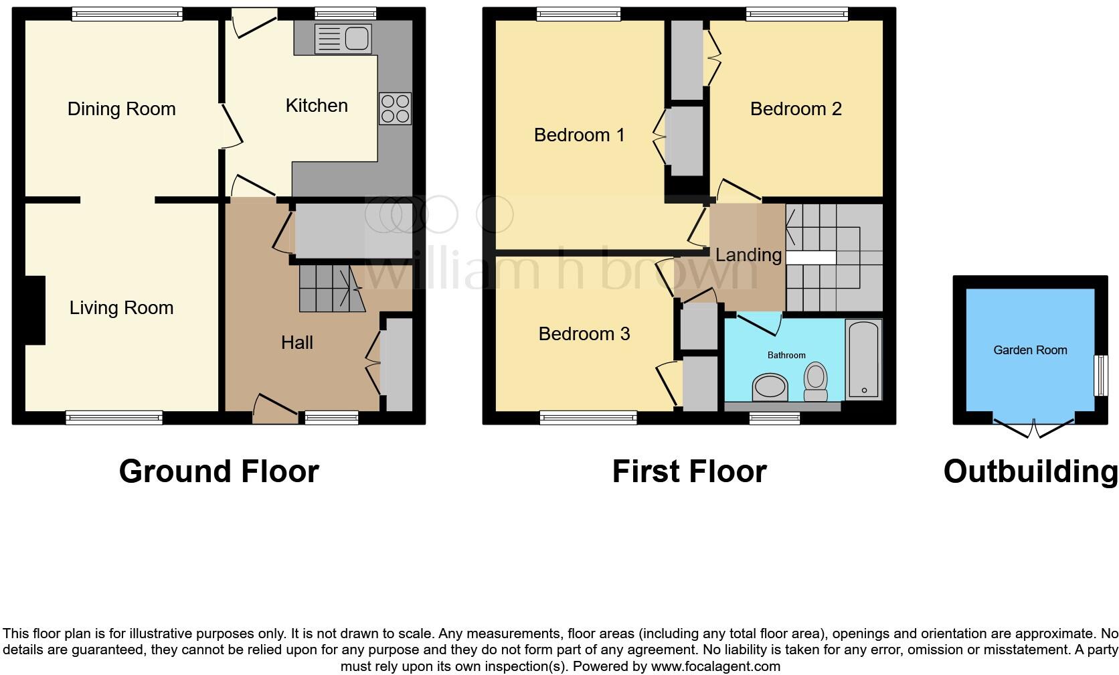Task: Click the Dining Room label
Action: click(x=121, y=109)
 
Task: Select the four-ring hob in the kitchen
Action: click(x=395, y=108)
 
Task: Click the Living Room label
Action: click(x=121, y=308)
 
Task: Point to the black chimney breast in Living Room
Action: click(x=35, y=311)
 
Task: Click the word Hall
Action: click(x=296, y=343)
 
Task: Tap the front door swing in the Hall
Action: click(x=275, y=408)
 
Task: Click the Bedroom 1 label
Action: click(x=579, y=135)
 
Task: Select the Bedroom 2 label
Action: click(x=795, y=109)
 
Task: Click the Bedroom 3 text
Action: click(x=584, y=334)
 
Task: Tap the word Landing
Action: click(x=748, y=255)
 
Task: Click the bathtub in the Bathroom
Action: click(x=864, y=359)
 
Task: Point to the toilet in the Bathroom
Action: click(x=815, y=381)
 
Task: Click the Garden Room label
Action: click(x=1029, y=350)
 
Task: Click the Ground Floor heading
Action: click(x=219, y=471)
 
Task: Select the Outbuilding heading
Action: click(x=1030, y=471)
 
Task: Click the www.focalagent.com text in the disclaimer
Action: click(x=715, y=666)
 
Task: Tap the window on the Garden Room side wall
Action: click(x=1098, y=375)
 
